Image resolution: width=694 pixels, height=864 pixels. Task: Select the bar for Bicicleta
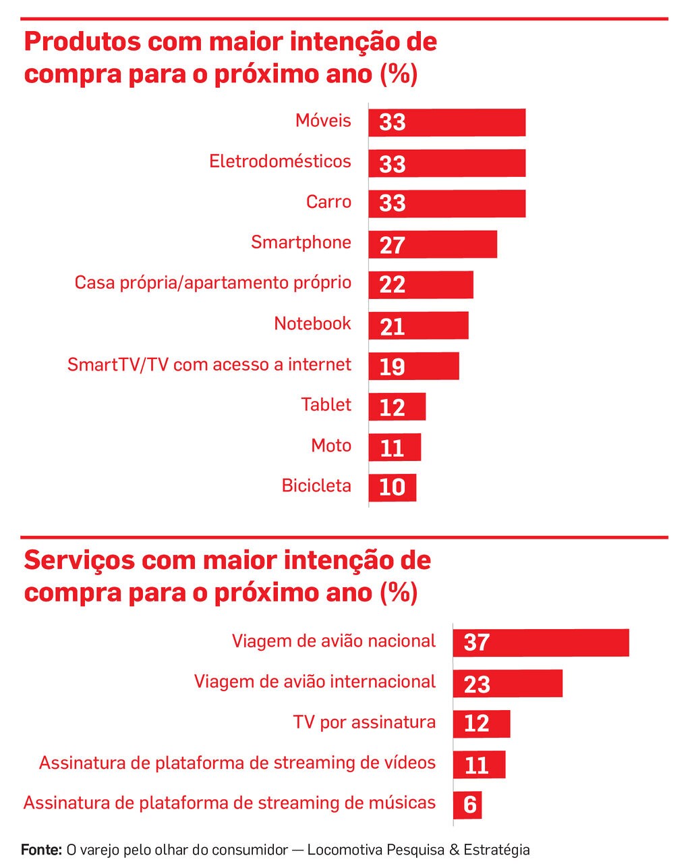point(393,487)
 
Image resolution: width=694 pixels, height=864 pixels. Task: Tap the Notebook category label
point(312,324)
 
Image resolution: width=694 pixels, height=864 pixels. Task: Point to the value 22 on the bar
point(392,285)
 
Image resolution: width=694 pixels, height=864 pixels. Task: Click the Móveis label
point(323,121)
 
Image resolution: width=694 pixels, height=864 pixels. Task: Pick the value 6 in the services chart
point(470,805)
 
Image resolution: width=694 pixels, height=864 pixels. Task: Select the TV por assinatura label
point(364,722)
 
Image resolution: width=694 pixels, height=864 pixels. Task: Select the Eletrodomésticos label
point(280,162)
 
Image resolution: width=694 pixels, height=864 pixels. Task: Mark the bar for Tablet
point(397,406)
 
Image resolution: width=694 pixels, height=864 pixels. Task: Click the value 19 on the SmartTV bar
point(392,367)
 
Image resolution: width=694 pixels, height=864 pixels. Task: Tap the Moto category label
point(331,446)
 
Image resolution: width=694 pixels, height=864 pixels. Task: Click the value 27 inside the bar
point(392,245)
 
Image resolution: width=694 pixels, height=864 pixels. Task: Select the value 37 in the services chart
point(476,643)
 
